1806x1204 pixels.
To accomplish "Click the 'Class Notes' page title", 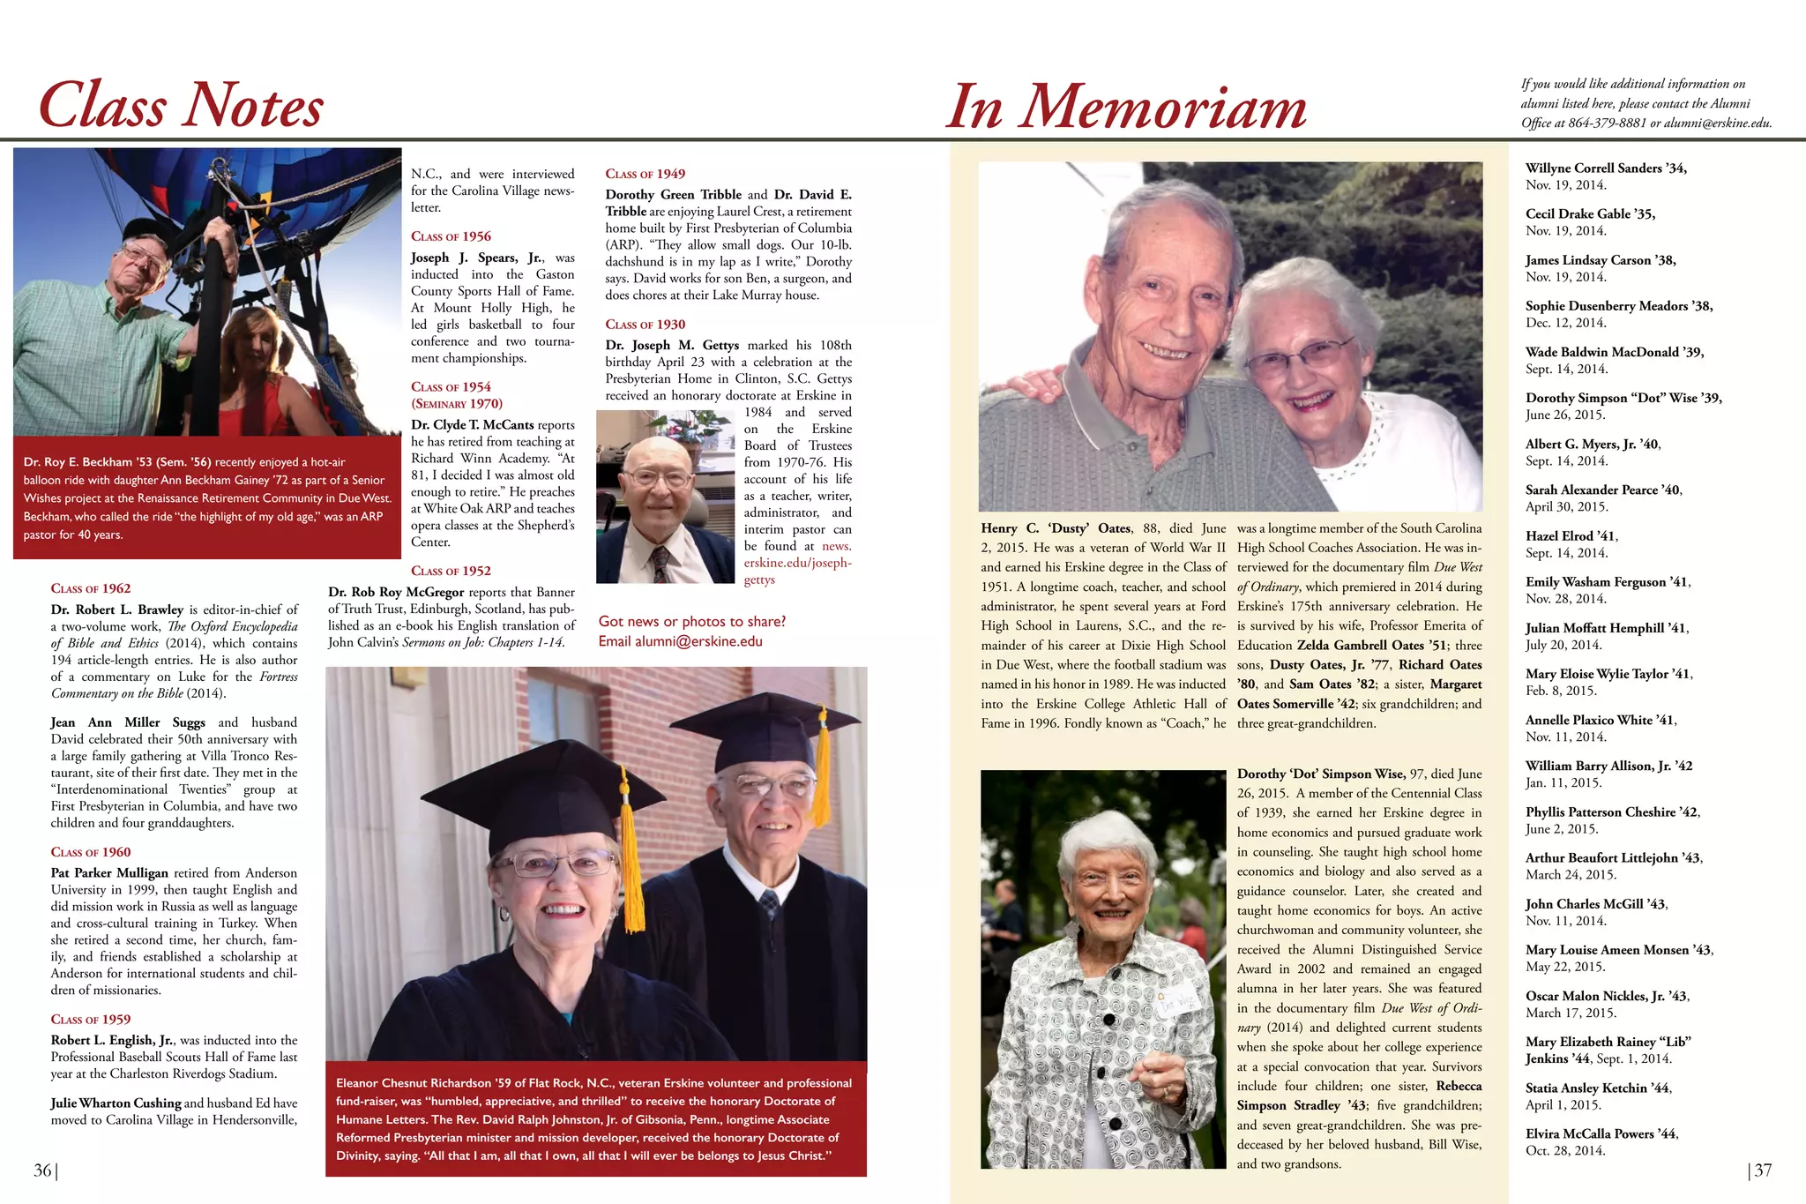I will tap(181, 106).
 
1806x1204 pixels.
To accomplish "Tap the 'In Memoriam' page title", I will tap(1125, 108).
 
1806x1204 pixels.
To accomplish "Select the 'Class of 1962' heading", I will tap(91, 588).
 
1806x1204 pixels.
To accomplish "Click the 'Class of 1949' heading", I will tap(645, 174).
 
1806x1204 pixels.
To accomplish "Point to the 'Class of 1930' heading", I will tap(645, 325).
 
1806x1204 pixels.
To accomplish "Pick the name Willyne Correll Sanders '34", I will tap(1605, 168).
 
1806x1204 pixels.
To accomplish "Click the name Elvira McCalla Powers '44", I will tap(1601, 1134).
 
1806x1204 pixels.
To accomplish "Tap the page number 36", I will tap(42, 1170).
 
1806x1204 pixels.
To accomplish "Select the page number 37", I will tap(1763, 1170).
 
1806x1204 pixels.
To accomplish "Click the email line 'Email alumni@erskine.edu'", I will tap(680, 641).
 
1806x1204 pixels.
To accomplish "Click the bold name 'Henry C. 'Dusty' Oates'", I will tap(1056, 528).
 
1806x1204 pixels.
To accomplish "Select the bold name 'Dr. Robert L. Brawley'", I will tap(117, 609).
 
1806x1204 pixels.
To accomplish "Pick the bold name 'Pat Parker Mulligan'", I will tap(109, 873).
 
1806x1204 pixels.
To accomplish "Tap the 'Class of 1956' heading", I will tap(451, 236).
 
